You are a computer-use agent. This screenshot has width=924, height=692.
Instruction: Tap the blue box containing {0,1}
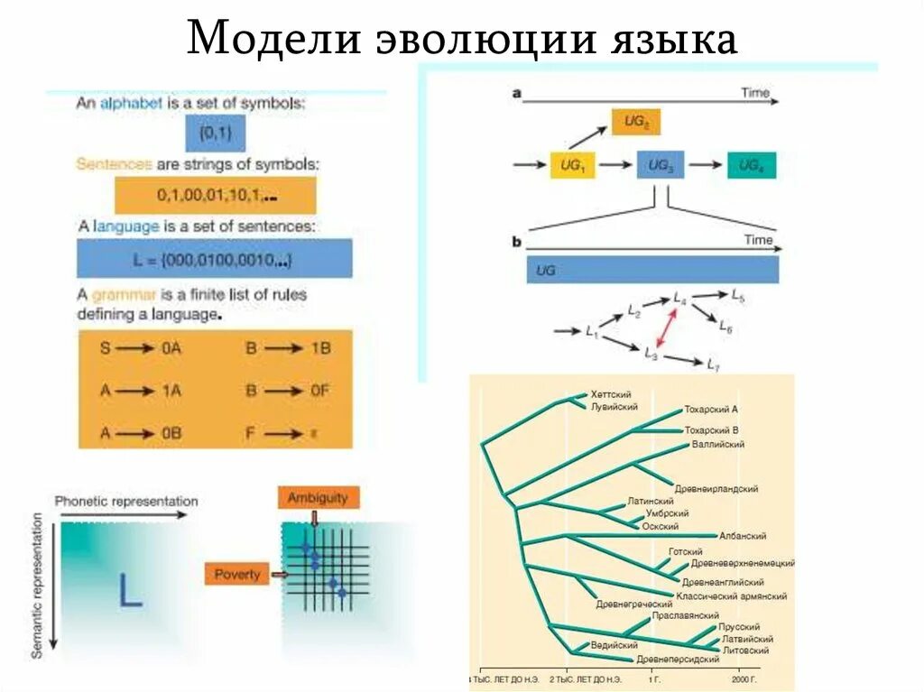[216, 134]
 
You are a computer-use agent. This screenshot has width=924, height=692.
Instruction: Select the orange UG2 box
[636, 121]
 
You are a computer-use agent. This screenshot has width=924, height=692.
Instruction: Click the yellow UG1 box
[573, 165]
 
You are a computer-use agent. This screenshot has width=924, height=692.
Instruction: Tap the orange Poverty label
[236, 574]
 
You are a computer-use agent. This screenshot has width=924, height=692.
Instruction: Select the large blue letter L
[131, 588]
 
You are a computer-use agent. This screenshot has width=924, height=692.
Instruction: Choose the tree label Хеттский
[610, 394]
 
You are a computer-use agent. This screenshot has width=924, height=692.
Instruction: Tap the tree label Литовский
[744, 650]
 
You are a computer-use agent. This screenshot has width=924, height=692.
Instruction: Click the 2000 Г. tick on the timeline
[744, 677]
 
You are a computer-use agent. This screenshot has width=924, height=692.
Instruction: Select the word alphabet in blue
[131, 105]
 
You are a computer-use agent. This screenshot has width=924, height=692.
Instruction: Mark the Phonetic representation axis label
[126, 502]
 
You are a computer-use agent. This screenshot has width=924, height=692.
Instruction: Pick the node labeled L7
[712, 364]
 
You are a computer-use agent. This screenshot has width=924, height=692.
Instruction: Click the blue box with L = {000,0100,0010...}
[215, 259]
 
